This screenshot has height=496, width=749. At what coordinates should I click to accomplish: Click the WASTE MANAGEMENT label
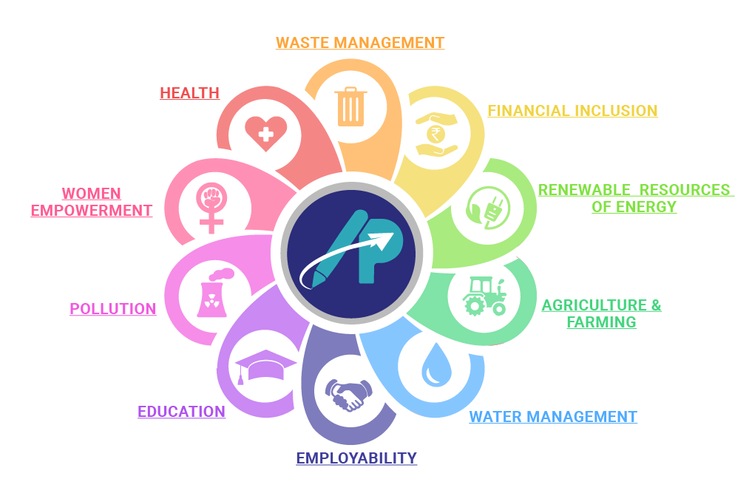(359, 43)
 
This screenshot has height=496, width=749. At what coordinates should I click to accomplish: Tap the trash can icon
(351, 106)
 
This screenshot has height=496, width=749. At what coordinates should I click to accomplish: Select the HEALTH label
(189, 93)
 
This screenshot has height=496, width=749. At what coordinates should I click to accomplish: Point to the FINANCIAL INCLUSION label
(572, 111)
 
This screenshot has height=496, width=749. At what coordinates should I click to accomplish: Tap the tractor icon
(484, 296)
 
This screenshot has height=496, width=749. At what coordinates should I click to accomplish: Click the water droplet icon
(435, 365)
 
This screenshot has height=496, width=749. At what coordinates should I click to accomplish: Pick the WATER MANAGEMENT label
(553, 417)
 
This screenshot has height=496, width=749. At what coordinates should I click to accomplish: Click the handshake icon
(347, 395)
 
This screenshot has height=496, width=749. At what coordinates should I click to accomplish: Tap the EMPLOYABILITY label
(356, 458)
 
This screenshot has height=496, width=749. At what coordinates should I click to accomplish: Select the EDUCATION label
(181, 412)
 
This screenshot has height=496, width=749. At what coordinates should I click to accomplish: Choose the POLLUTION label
(113, 309)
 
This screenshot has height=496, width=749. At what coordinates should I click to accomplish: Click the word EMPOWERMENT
(92, 210)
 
